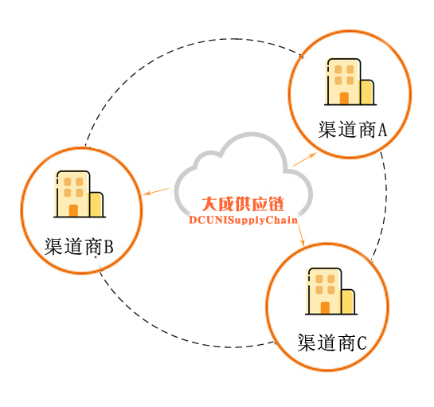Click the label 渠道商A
coord(352,129)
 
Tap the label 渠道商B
coord(79,246)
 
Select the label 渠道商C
coord(332,342)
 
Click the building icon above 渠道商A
coord(350,82)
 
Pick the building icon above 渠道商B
coord(80,194)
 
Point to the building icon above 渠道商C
coord(331,292)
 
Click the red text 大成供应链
coord(243,204)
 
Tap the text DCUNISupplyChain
coord(243,220)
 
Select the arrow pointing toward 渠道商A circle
coord(304,159)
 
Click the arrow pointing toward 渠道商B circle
coord(156,191)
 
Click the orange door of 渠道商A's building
coord(344,99)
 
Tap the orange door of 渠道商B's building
coord(73,211)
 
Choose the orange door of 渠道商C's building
coord(325,308)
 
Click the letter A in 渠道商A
coord(382,130)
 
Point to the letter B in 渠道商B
coord(109,247)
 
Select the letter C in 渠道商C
coord(362,343)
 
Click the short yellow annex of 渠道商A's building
coord(367,92)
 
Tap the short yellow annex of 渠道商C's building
coord(348,302)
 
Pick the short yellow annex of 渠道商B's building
coord(96,205)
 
